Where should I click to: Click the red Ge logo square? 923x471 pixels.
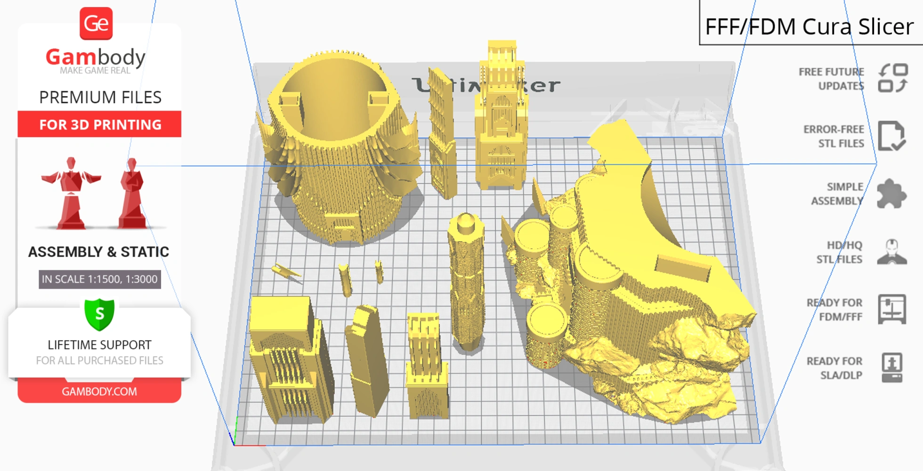(x=96, y=24)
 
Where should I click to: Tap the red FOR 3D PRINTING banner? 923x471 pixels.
(x=99, y=124)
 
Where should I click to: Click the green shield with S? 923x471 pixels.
(x=99, y=314)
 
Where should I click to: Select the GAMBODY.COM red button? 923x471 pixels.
(x=99, y=391)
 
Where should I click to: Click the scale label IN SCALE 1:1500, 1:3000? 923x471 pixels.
(x=99, y=279)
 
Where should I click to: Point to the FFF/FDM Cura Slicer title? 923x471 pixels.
(x=809, y=26)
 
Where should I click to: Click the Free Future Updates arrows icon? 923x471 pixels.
(x=893, y=78)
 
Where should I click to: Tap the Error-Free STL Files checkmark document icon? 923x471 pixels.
(x=891, y=136)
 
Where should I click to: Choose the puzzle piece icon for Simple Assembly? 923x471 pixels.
(x=891, y=194)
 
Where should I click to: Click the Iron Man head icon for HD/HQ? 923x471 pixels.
(x=892, y=252)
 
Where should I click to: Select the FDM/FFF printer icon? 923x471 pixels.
(x=892, y=309)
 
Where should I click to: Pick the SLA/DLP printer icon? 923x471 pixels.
(x=892, y=367)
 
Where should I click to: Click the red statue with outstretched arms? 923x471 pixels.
(x=71, y=193)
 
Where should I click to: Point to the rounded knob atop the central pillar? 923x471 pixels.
(x=466, y=222)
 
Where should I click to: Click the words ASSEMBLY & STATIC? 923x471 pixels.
(x=98, y=252)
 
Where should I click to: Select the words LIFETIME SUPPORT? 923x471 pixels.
(x=99, y=345)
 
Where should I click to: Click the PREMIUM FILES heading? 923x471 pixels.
(x=100, y=97)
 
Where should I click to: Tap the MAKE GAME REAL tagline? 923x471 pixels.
(x=95, y=71)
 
